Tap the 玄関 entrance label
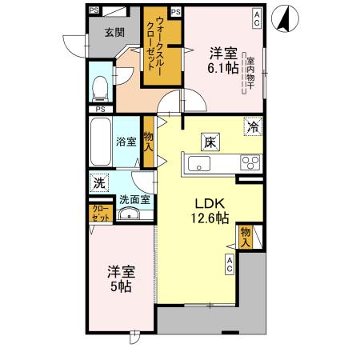pos(113,33)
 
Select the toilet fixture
pos(101,86)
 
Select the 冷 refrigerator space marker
pos(253,125)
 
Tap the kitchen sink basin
pos(198,164)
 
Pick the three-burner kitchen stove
pos(250,164)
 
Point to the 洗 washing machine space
pos(98,182)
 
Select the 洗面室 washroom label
pos(134,201)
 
